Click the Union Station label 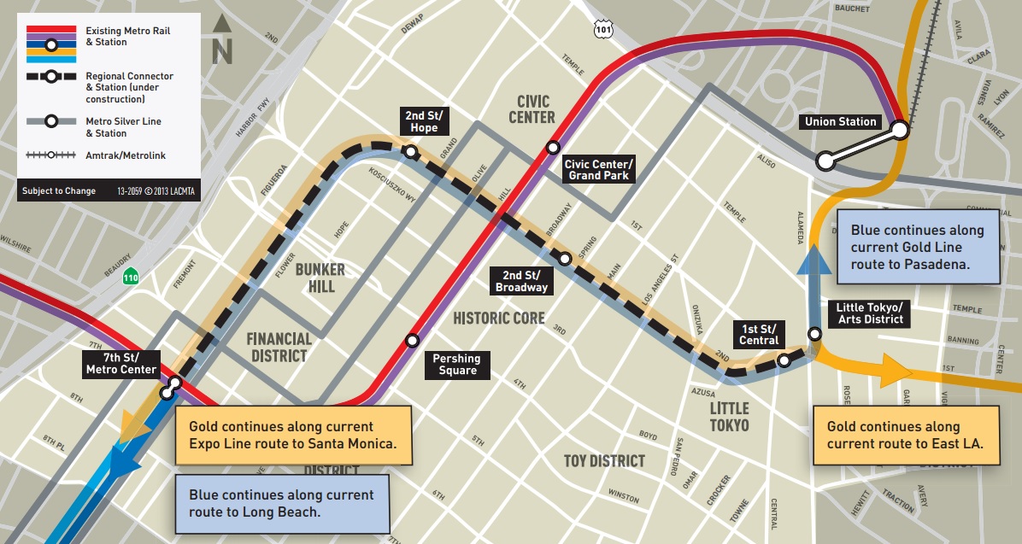tap(840, 122)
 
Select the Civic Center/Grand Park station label tap(598, 170)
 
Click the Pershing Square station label tap(456, 365)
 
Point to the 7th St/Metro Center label tap(121, 363)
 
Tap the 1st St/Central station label tap(759, 334)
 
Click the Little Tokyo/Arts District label tap(869, 313)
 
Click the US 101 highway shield tap(603, 30)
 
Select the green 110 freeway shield tap(130, 277)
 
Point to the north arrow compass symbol tap(222, 40)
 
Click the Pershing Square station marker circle tap(413, 340)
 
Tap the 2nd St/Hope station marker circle tap(411, 153)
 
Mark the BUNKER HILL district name tap(320, 278)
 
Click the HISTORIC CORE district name tap(498, 319)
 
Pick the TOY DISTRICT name tap(604, 461)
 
